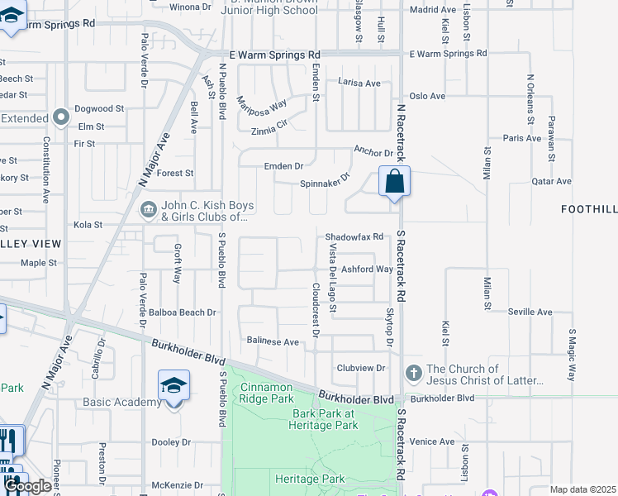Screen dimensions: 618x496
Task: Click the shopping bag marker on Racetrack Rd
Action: [395, 181]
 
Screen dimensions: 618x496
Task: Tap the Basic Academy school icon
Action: [174, 386]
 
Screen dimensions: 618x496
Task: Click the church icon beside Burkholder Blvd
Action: [414, 375]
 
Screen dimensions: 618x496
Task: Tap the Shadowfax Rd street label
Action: [354, 236]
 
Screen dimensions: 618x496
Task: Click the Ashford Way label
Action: [367, 269]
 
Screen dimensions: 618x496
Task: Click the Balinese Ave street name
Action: [273, 341]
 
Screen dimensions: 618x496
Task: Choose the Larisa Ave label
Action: [359, 83]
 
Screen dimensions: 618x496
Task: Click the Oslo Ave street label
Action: [427, 96]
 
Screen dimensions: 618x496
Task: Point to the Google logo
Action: [27, 486]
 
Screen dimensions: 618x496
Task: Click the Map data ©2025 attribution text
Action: [582, 489]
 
